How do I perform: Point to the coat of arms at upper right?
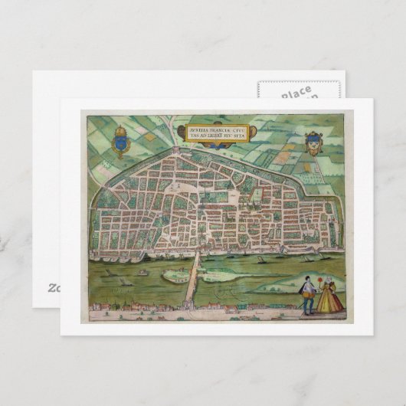pos(313,143)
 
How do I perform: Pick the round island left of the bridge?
pos(142,270)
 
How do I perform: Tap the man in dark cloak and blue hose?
pos(308,294)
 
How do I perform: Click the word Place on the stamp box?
pos(296,93)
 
